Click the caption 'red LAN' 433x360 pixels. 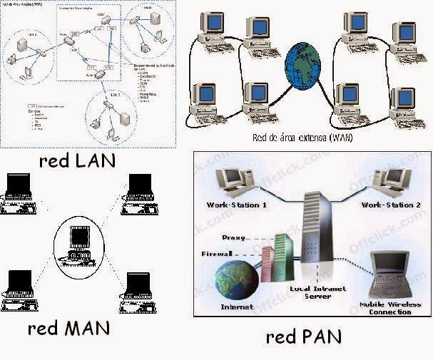76,160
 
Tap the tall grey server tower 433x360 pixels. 313,235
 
